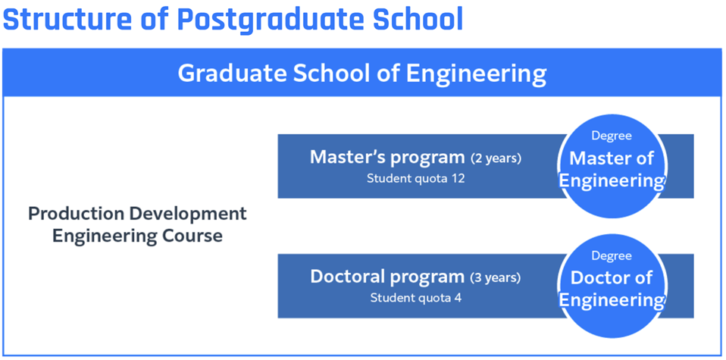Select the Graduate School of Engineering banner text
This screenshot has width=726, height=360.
362,74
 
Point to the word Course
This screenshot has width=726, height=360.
189,236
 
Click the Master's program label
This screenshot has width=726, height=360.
387,158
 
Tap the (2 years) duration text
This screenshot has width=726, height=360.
496,159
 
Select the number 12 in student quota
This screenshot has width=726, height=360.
458,179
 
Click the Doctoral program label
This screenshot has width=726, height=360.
387,277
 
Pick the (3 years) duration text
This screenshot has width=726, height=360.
496,278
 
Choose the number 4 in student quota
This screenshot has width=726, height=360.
458,298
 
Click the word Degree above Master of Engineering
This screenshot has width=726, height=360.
612,136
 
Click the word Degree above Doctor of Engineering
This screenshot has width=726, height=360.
612,255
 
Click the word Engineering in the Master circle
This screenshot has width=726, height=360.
612,181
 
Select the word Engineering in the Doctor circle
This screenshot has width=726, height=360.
612,300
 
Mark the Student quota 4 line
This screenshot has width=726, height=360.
416,298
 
